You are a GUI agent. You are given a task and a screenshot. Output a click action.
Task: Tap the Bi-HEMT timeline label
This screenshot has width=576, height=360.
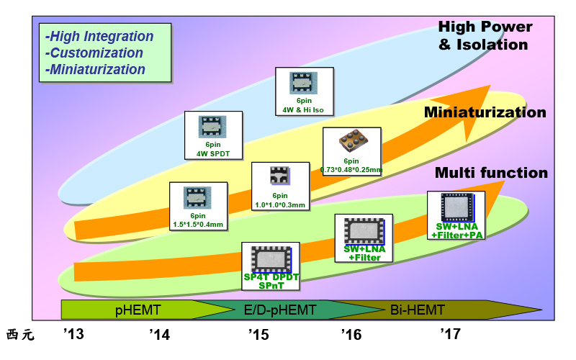418,310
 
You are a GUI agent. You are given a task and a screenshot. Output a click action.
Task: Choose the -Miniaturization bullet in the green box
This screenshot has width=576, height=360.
95,69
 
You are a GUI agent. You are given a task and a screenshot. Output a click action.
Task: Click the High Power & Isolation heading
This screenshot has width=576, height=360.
485,36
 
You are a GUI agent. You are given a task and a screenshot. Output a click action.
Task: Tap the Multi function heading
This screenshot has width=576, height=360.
491,173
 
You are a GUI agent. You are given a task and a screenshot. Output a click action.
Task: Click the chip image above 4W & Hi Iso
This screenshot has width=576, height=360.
305,83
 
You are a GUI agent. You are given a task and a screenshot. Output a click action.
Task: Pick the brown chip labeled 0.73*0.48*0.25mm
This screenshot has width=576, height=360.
351,142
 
